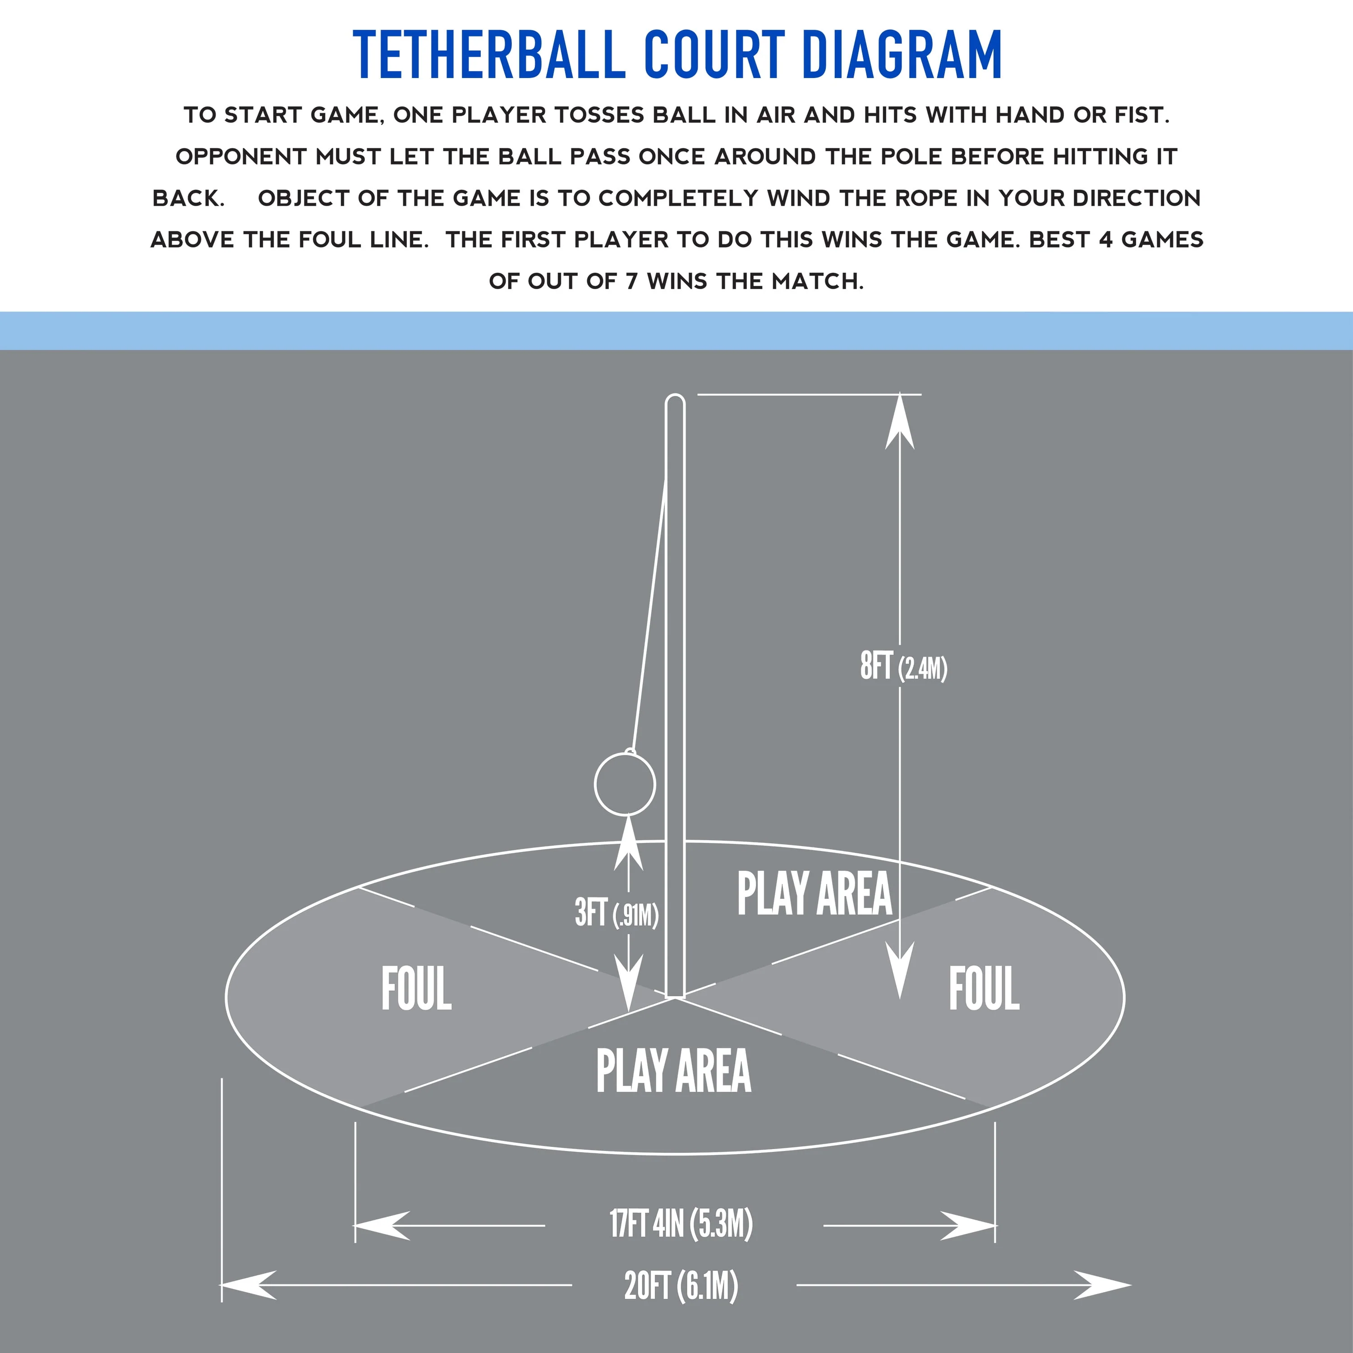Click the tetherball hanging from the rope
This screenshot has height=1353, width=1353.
(625, 784)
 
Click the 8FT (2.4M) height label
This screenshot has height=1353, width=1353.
(903, 666)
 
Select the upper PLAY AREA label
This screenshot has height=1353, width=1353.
(815, 893)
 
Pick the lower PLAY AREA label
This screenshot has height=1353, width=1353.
(674, 1070)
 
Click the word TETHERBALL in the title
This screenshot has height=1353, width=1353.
(489, 55)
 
